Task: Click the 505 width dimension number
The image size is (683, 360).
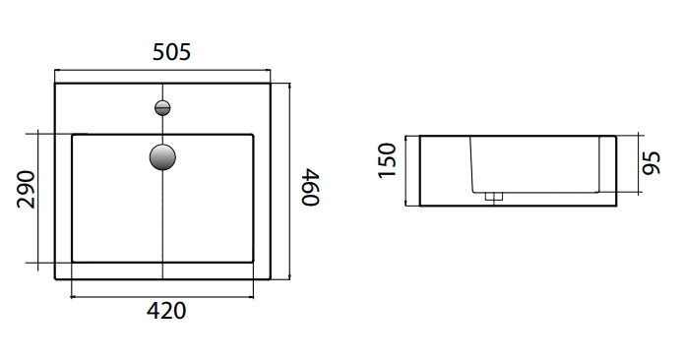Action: click(165, 53)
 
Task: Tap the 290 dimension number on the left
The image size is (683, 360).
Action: click(26, 190)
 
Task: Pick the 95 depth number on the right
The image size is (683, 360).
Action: click(652, 160)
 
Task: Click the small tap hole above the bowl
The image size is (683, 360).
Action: click(162, 107)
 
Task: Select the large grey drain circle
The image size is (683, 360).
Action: click(162, 156)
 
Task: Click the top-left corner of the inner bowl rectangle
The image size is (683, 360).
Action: click(73, 135)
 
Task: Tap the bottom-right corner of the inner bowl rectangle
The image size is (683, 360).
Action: click(253, 262)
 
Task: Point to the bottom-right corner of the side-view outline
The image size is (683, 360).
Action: click(616, 206)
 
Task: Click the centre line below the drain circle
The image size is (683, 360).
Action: click(162, 226)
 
